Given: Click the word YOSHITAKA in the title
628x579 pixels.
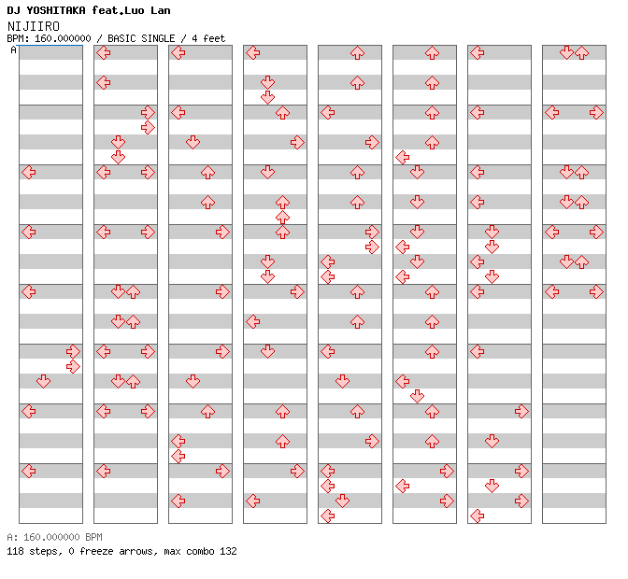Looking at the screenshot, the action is click(56, 10).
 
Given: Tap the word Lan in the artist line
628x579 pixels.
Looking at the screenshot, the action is click(161, 10).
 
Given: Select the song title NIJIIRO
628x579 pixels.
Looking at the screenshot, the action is click(34, 26).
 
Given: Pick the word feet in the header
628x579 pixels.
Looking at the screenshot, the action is click(214, 38).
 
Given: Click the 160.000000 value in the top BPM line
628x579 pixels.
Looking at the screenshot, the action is click(63, 38).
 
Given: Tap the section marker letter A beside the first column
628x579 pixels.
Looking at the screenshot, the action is click(14, 49).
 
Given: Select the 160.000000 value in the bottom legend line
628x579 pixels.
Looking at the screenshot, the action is click(51, 537).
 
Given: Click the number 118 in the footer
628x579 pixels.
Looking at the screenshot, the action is click(15, 551).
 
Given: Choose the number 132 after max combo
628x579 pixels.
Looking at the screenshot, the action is click(228, 551).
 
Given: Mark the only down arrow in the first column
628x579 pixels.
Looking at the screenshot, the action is click(43, 381).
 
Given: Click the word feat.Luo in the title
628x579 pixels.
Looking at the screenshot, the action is click(118, 10).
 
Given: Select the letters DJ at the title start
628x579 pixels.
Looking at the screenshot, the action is click(14, 10).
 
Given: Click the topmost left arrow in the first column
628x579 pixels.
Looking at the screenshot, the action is click(28, 173).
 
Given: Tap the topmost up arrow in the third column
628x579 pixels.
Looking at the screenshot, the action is click(207, 173).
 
